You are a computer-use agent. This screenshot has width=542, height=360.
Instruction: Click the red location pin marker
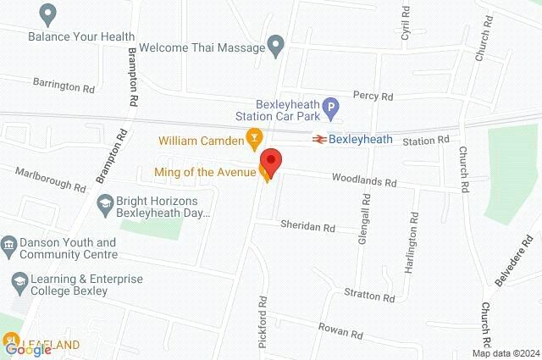pos(270,161)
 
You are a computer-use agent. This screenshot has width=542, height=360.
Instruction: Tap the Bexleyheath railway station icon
pos(319,139)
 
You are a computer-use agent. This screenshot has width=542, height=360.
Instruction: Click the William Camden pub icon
pos(252,136)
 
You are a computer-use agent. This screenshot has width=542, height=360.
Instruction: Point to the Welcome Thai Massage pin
pos(275,45)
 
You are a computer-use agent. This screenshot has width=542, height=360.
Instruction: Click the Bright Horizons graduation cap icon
pos(105,203)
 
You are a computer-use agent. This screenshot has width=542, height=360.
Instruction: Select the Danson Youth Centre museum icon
pos(9,245)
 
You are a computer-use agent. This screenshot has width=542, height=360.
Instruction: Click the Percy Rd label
pos(374,97)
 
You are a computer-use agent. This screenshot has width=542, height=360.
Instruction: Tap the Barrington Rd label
pos(64,87)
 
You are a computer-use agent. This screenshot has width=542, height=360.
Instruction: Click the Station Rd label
pos(423,140)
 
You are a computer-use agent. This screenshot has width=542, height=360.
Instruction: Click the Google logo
pos(28,348)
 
